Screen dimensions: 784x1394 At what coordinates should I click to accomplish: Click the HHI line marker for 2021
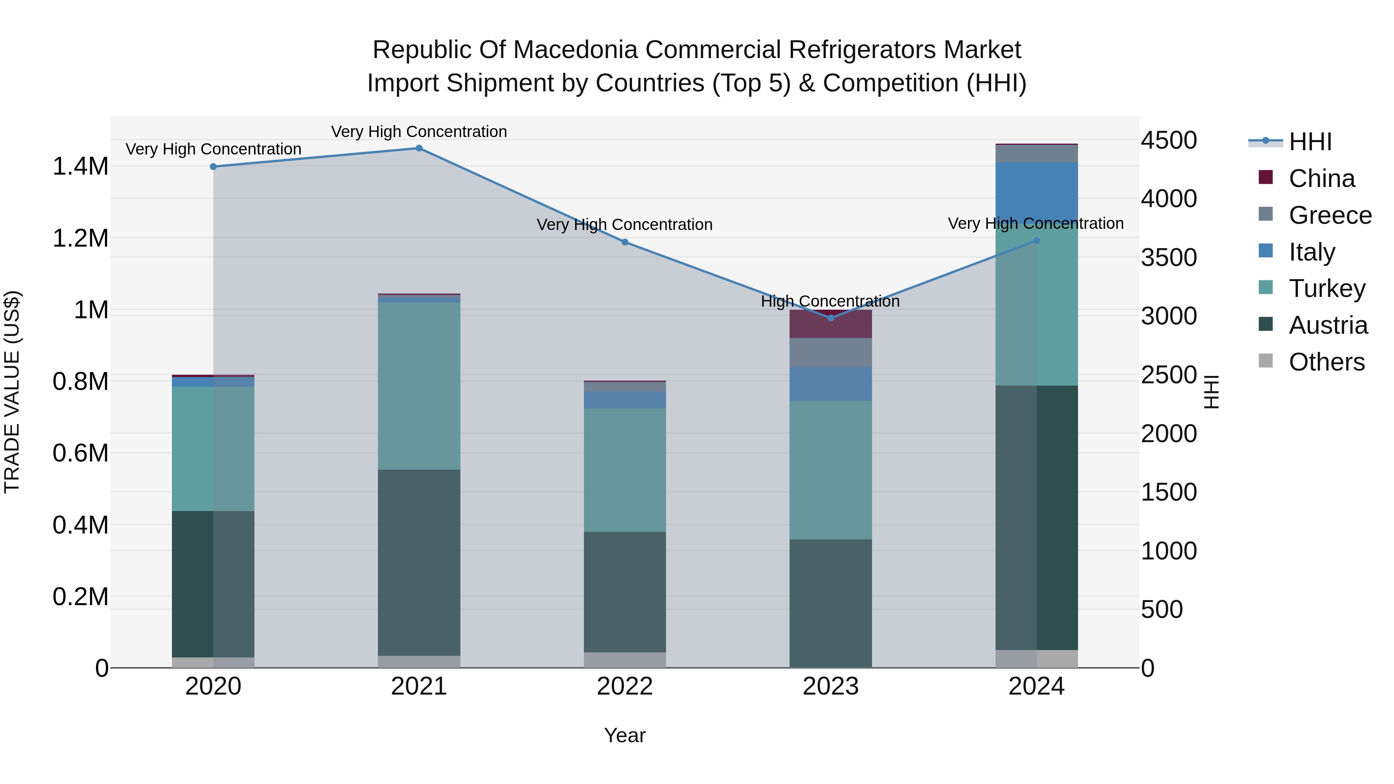419,148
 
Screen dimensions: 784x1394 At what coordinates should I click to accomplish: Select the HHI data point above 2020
213,166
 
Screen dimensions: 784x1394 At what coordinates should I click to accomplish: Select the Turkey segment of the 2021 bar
419,386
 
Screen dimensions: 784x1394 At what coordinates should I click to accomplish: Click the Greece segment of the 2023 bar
831,352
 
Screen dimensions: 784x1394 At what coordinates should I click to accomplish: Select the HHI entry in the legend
1310,142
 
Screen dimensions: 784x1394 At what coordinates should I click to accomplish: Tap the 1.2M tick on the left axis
80,238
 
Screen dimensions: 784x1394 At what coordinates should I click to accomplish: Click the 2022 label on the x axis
625,686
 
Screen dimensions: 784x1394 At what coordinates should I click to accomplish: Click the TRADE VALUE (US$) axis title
12,392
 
